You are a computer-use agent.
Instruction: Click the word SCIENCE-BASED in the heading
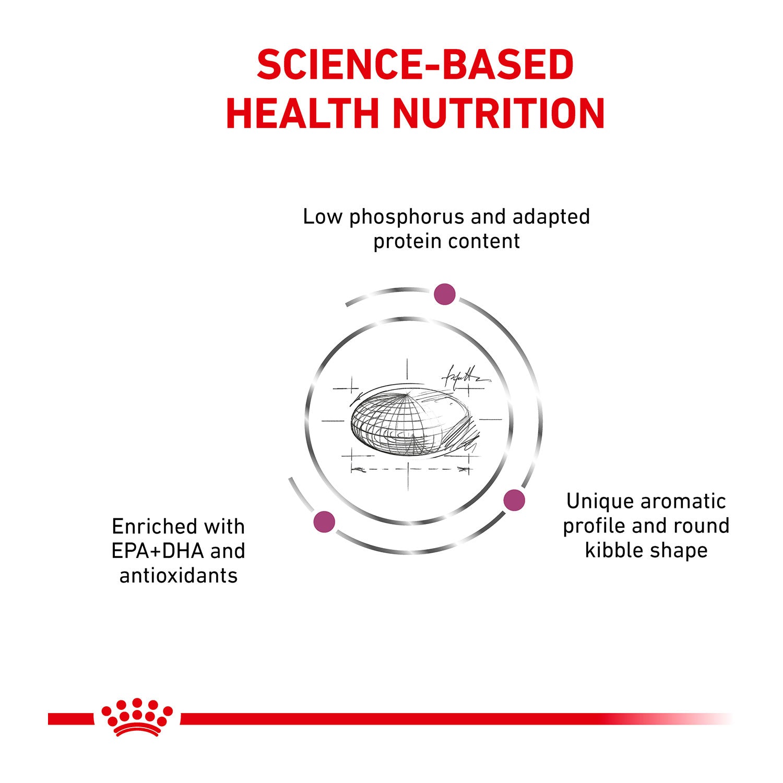pyautogui.click(x=415, y=65)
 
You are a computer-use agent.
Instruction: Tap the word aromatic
pyautogui.click(x=683, y=502)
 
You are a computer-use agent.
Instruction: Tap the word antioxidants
pyautogui.click(x=179, y=575)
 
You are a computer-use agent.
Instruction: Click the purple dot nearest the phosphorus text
pyautogui.click(x=445, y=294)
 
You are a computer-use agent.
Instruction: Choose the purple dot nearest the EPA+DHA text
pyautogui.click(x=324, y=522)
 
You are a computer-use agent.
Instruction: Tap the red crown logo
pyautogui.click(x=137, y=717)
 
